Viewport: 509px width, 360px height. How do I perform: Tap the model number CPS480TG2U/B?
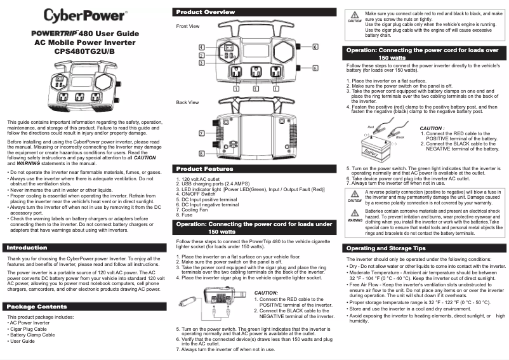[85, 51]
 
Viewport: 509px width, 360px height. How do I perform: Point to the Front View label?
[187, 26]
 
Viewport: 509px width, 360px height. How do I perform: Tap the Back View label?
[187, 102]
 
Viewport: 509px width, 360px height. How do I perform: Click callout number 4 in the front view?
[201, 48]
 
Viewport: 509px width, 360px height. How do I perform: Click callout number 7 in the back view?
[201, 133]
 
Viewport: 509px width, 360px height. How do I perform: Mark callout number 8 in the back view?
[201, 154]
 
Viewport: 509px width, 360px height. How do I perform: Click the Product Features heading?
[204, 169]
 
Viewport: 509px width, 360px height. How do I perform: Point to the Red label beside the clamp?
[371, 128]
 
